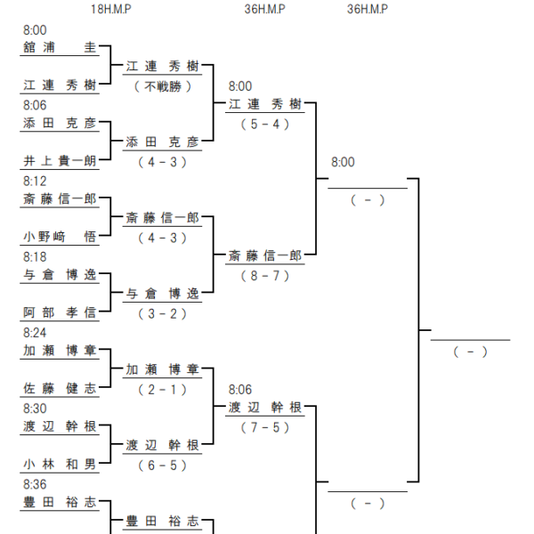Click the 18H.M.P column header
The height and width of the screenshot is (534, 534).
pos(111,9)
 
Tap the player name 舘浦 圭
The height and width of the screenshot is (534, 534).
pos(60,47)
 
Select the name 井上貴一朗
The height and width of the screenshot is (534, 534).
pos(60,161)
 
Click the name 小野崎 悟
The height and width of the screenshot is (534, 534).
pos(60,237)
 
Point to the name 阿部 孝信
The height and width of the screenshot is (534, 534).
pos(60,312)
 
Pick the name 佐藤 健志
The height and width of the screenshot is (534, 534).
pos(60,388)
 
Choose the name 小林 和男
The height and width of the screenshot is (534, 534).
pos(60,465)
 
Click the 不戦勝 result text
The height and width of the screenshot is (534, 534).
pos(163,86)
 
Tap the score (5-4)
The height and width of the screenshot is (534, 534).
pos(265,125)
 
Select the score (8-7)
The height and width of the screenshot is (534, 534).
pos(265,276)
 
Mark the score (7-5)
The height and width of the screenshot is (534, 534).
pos(265,427)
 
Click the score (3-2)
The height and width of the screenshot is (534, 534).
pos(163,313)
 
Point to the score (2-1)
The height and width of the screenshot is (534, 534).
pos(163,390)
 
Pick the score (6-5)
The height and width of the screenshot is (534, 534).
pos(163,465)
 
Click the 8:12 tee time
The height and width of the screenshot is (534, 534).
pos(35,182)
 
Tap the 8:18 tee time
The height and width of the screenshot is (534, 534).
pos(35,257)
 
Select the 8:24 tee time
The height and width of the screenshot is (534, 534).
pos(35,333)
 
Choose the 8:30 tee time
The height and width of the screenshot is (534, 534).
pos(35,409)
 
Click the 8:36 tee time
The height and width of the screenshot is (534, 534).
pos(35,485)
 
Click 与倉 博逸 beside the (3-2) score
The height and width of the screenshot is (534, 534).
pos(163,294)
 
